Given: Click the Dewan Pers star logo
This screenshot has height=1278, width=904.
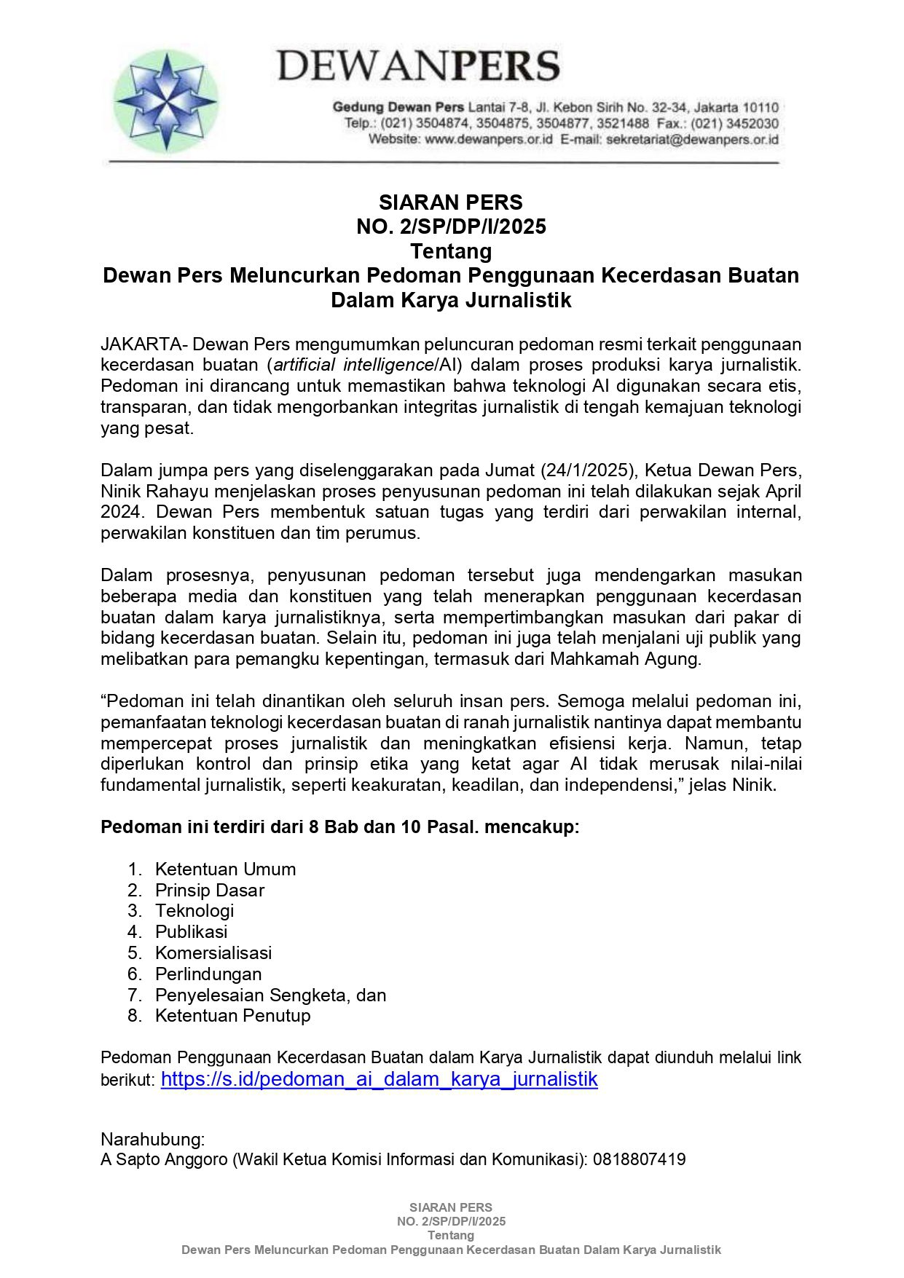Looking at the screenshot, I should click(166, 100).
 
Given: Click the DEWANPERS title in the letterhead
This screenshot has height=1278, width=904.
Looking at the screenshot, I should click(418, 66).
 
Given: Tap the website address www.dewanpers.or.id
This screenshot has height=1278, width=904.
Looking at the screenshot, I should click(489, 139).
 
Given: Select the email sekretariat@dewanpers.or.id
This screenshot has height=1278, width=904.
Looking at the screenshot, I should click(692, 139).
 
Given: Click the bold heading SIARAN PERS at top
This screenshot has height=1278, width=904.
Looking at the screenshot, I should click(451, 202).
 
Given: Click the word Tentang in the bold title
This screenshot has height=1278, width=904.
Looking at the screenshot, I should click(451, 251).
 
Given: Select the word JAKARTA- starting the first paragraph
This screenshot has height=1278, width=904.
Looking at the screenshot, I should click(144, 344).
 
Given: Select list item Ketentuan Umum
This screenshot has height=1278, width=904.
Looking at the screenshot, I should click(225, 869).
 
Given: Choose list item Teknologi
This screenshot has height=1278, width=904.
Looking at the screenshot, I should click(194, 911).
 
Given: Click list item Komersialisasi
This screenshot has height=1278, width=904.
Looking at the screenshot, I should click(213, 953).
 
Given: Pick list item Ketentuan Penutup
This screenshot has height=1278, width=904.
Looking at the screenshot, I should click(232, 1016).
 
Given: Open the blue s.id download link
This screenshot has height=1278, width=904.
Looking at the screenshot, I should click(379, 1079).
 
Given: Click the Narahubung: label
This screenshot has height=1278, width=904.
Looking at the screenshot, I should click(153, 1140).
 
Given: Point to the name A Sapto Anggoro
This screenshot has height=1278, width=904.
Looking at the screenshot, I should click(164, 1159).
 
